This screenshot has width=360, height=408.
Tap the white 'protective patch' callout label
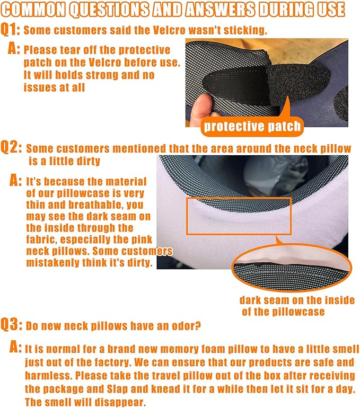[252, 126]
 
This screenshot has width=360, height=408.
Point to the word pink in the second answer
[142, 239]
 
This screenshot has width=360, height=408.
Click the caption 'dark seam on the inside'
[296, 300]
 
